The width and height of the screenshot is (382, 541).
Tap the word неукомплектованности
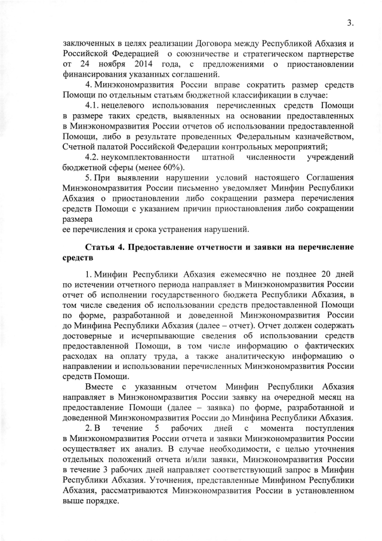[x=152, y=156]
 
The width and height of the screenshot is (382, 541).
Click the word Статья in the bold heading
[x=101, y=247]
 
